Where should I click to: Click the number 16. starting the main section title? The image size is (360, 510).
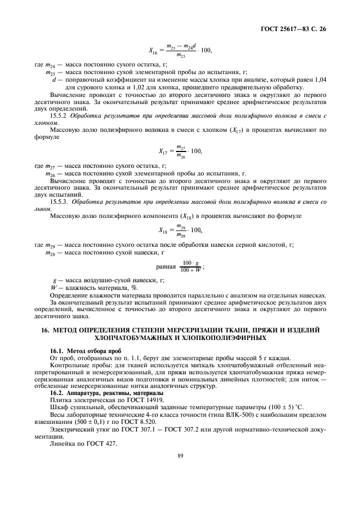point(46,330)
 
